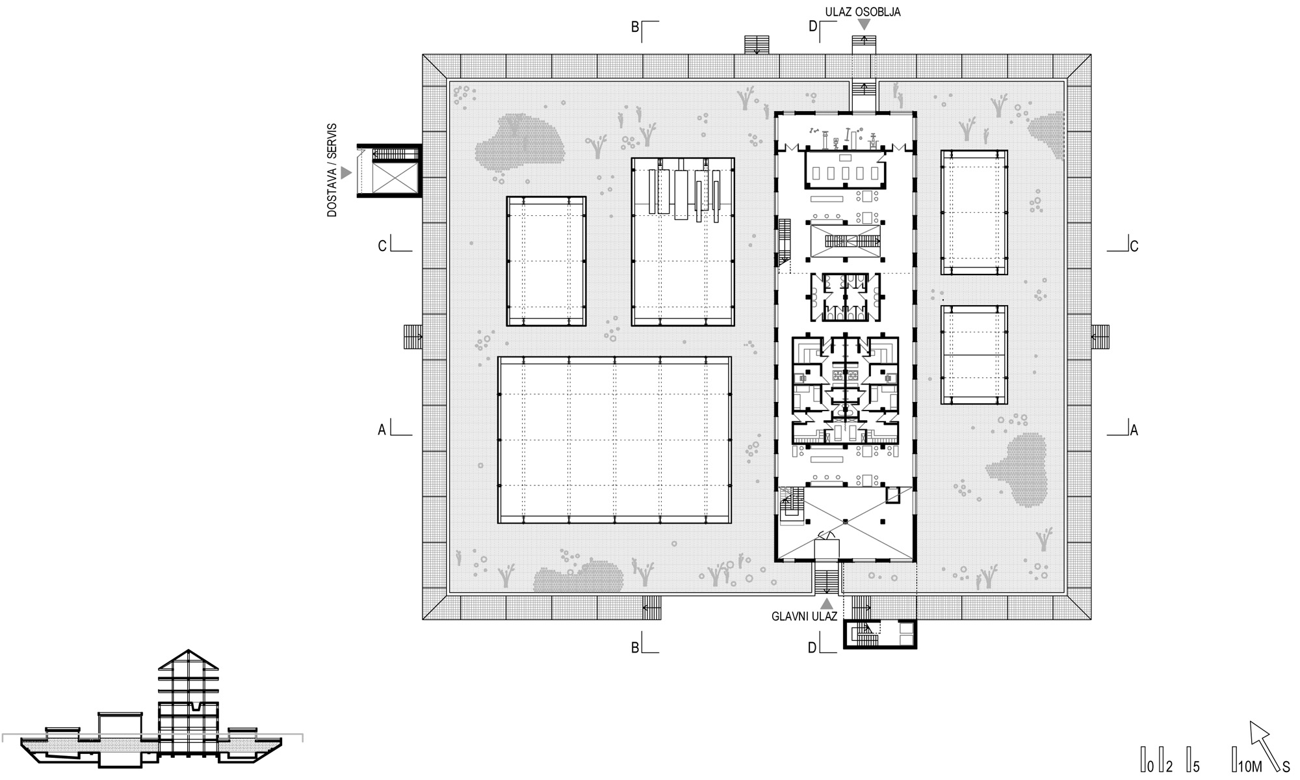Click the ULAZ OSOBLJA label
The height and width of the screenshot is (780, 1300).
pyautogui.click(x=863, y=12)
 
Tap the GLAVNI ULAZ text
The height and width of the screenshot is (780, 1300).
pyautogui.click(x=804, y=616)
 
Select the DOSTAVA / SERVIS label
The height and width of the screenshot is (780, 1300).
pyautogui.click(x=332, y=171)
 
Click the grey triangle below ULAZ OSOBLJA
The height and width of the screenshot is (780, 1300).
pyautogui.click(x=864, y=25)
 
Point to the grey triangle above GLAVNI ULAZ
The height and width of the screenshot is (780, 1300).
pyautogui.click(x=826, y=604)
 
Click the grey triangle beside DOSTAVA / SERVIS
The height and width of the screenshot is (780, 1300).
pyautogui.click(x=346, y=172)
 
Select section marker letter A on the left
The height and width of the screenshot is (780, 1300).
pyautogui.click(x=382, y=430)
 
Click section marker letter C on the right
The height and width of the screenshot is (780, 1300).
pyautogui.click(x=1134, y=247)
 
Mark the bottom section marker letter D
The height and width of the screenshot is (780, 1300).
pyautogui.click(x=812, y=648)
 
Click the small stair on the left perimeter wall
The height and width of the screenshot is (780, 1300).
pyautogui.click(x=413, y=337)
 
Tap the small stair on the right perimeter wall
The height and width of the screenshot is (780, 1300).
pyautogui.click(x=1100, y=337)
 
